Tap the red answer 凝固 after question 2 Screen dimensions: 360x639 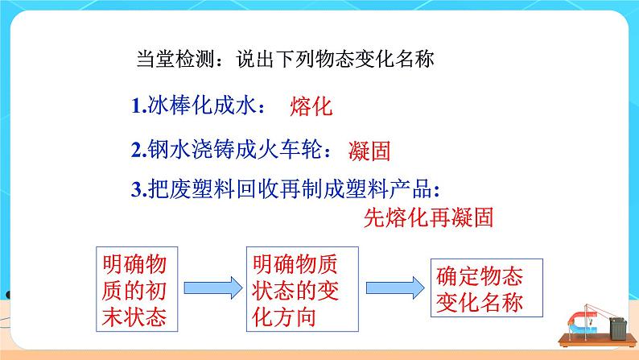(x=375, y=150)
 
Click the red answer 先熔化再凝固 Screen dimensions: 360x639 (x=428, y=217)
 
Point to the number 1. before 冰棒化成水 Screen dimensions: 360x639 (x=138, y=106)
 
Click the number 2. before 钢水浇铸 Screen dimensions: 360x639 (x=138, y=148)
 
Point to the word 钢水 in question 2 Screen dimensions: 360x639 (x=166, y=148)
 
